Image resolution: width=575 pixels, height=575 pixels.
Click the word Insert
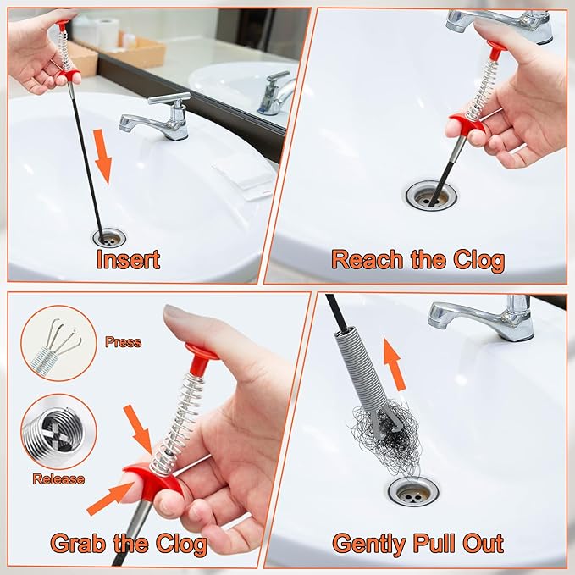click(x=127, y=258)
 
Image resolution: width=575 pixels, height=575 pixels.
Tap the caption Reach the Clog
click(x=417, y=258)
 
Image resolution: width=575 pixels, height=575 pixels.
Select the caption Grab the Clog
click(x=129, y=542)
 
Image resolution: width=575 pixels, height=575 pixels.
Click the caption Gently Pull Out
click(x=417, y=542)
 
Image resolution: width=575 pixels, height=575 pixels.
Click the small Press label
click(x=123, y=343)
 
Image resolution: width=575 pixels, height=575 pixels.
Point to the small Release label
click(x=58, y=478)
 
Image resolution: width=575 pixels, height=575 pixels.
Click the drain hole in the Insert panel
click(x=109, y=236)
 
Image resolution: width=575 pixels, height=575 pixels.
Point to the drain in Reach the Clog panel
click(x=431, y=196)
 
